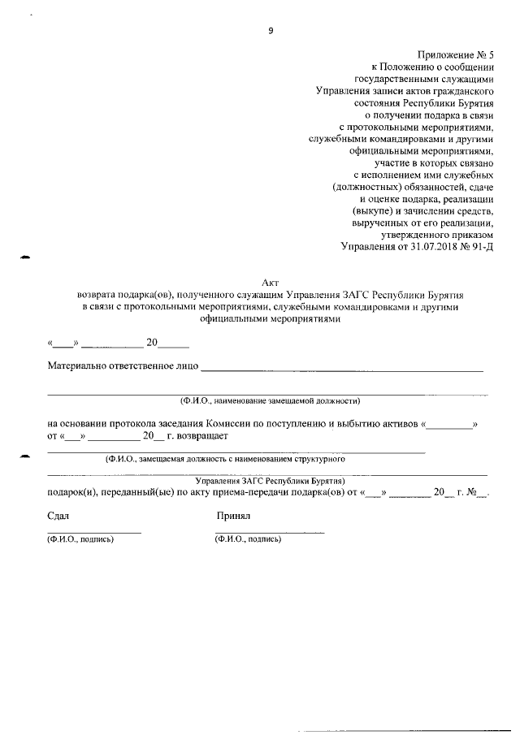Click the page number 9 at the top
270,31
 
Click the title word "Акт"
271,281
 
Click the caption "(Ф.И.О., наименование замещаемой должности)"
270,401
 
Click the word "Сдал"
58,516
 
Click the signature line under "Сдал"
94,532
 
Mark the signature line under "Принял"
270,532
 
